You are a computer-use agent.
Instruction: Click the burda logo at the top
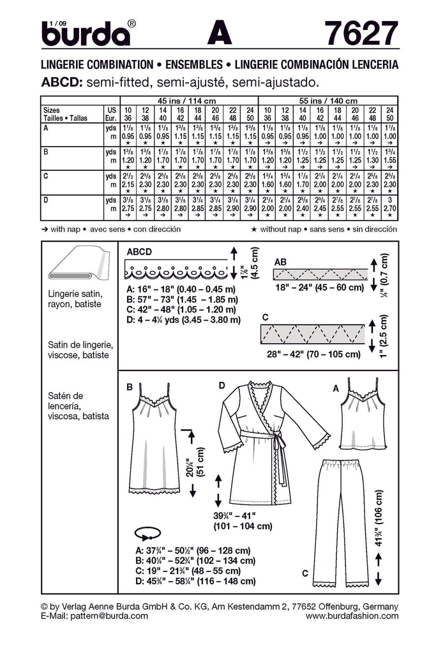[86, 33]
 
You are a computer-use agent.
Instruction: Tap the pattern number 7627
[360, 33]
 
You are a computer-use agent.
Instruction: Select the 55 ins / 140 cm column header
[327, 100]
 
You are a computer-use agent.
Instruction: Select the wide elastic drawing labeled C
[312, 334]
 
